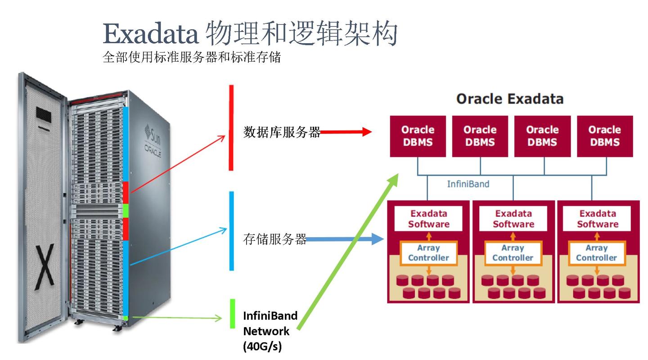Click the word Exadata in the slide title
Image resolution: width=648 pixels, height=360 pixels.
click(x=150, y=33)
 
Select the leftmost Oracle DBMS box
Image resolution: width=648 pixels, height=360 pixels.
click(x=418, y=136)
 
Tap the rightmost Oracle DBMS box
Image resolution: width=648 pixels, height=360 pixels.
click(x=604, y=136)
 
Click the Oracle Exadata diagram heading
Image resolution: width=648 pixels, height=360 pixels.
click(x=509, y=99)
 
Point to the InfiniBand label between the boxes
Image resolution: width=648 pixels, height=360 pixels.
click(x=468, y=184)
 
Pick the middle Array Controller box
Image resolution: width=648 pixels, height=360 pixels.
click(x=513, y=253)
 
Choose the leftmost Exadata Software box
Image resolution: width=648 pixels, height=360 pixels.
click(x=428, y=219)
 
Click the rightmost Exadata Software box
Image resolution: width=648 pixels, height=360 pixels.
click(x=598, y=219)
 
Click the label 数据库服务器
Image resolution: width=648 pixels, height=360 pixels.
click(x=282, y=132)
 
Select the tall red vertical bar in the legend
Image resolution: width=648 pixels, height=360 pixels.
click(x=231, y=128)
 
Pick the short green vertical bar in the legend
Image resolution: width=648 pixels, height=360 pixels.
click(x=232, y=314)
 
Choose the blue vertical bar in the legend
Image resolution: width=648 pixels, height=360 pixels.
click(x=231, y=231)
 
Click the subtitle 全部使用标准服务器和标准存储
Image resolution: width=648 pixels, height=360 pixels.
click(x=192, y=58)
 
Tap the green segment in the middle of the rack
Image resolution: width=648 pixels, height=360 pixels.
click(x=126, y=211)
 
